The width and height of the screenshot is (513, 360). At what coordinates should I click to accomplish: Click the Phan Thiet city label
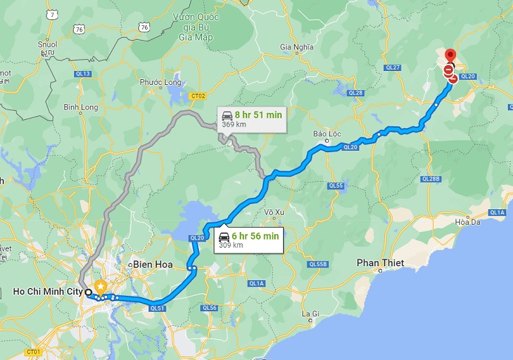pos(378,262)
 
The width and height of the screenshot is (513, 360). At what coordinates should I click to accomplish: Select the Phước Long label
pos(161,82)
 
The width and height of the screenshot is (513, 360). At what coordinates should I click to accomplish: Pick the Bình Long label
pos(81,107)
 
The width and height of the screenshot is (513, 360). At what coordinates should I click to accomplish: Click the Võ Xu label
pos(274,212)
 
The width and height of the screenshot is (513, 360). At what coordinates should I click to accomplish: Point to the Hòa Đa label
pos(469,222)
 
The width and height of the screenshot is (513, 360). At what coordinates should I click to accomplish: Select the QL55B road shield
pos(318,265)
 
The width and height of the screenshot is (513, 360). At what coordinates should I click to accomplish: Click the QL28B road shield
pos(430,179)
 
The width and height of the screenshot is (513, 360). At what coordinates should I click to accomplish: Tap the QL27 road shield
pos(393,67)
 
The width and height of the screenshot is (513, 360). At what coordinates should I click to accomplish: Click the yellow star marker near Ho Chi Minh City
pos(101,286)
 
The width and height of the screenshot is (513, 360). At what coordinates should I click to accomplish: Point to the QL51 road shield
pos(157,308)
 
